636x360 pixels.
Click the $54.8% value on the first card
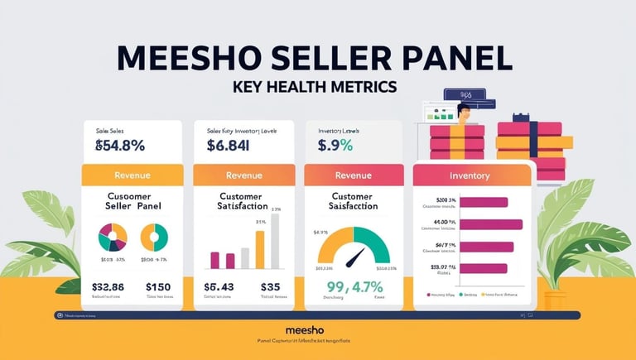click(120, 146)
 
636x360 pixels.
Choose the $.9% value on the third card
click(335, 146)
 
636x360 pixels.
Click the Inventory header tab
click(470, 175)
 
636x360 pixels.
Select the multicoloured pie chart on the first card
click(113, 238)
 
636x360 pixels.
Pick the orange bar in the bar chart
click(259, 249)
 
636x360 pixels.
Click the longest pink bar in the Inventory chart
click(490, 223)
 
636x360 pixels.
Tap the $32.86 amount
click(108, 287)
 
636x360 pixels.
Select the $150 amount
click(157, 287)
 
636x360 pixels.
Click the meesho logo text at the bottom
click(317, 329)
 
